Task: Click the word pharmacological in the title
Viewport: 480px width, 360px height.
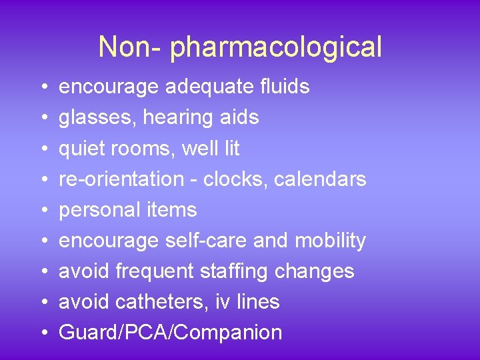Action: tap(276, 48)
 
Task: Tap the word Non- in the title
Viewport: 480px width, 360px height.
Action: tap(131, 47)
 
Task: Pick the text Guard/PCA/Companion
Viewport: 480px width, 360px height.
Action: tap(170, 333)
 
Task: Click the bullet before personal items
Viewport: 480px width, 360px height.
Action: tap(42, 211)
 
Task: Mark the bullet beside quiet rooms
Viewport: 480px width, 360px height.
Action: tap(42, 149)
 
